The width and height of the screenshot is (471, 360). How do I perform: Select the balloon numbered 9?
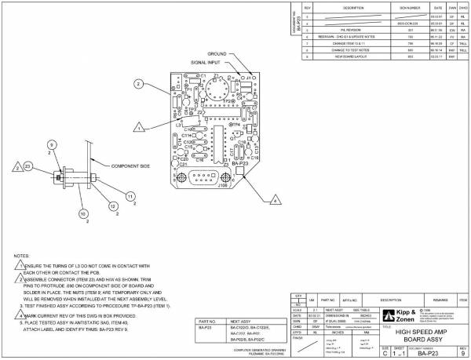tap(51, 145)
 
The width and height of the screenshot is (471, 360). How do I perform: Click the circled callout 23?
tap(27, 167)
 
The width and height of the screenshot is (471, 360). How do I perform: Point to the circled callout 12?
tap(112, 205)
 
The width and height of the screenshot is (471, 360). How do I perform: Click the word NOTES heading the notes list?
tap(22, 256)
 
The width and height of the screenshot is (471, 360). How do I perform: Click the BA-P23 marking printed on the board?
tap(249, 162)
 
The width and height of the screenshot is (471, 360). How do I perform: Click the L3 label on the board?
tap(179, 125)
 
